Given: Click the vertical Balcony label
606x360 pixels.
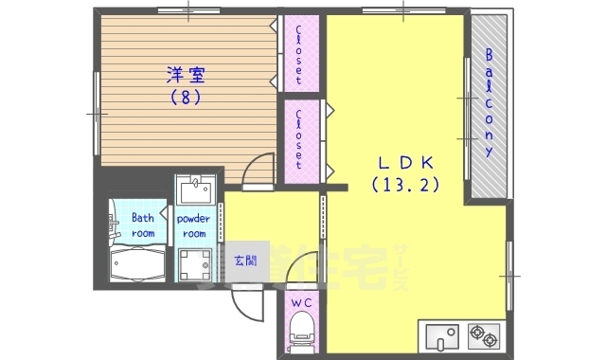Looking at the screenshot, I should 490,104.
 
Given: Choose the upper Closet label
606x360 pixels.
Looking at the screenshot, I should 300,54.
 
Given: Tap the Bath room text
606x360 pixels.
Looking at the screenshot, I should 142,225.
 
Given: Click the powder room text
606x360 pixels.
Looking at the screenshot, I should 193,225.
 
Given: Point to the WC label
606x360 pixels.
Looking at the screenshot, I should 301,302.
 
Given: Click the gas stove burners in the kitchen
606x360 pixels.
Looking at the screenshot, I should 483,335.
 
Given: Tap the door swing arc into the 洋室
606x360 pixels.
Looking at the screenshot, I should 256,171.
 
